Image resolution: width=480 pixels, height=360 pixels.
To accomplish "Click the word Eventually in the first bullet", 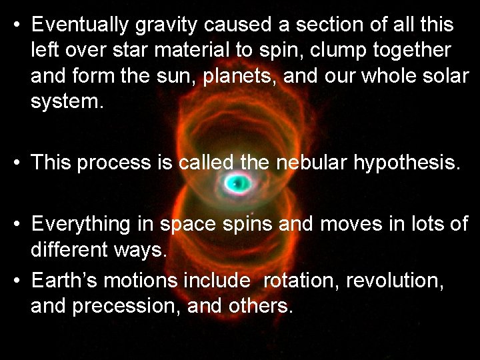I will pyautogui.click(x=79, y=25).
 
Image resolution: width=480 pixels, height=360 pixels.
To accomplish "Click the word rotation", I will pyautogui.click(x=301, y=282).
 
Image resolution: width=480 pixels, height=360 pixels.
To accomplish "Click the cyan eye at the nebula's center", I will pyautogui.click(x=235, y=184).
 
